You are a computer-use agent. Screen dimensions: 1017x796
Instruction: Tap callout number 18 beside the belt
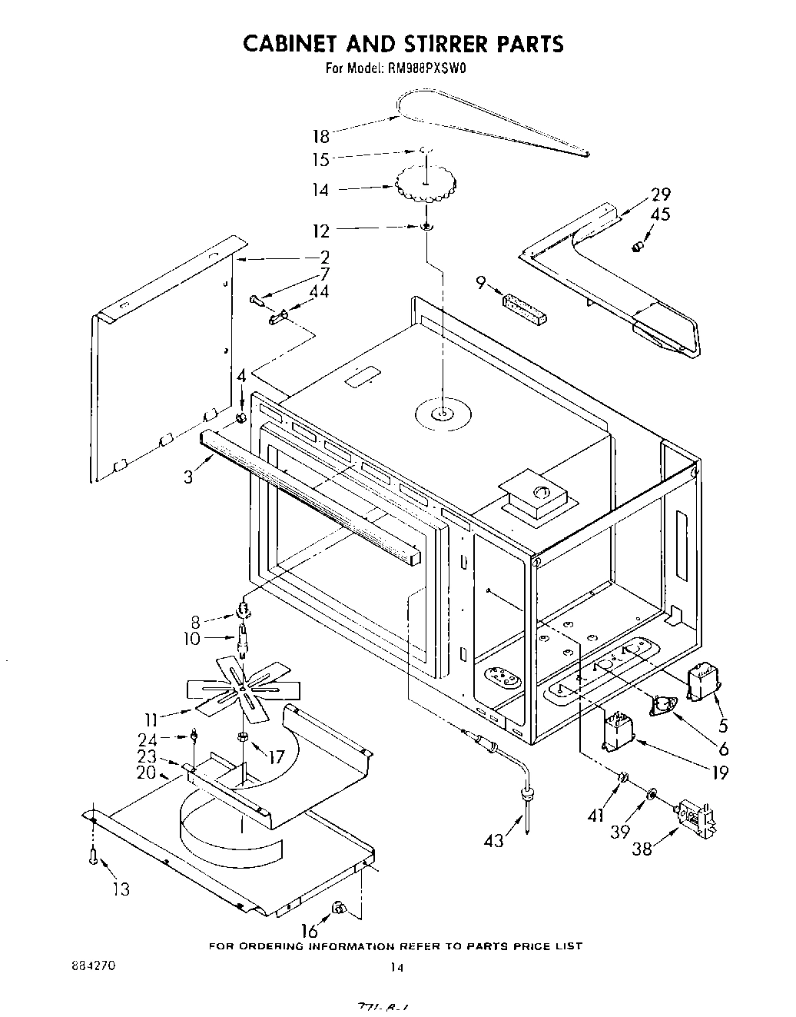(320, 136)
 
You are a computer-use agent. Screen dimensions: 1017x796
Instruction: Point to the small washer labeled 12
(426, 227)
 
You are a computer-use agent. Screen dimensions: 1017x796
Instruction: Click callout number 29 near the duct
(660, 194)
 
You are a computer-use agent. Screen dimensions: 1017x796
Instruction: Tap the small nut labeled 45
(636, 247)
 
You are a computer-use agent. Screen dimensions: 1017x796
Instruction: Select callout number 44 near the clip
(318, 292)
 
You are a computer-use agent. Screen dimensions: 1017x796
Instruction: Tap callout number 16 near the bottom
(309, 932)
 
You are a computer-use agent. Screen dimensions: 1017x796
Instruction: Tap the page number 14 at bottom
(396, 969)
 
